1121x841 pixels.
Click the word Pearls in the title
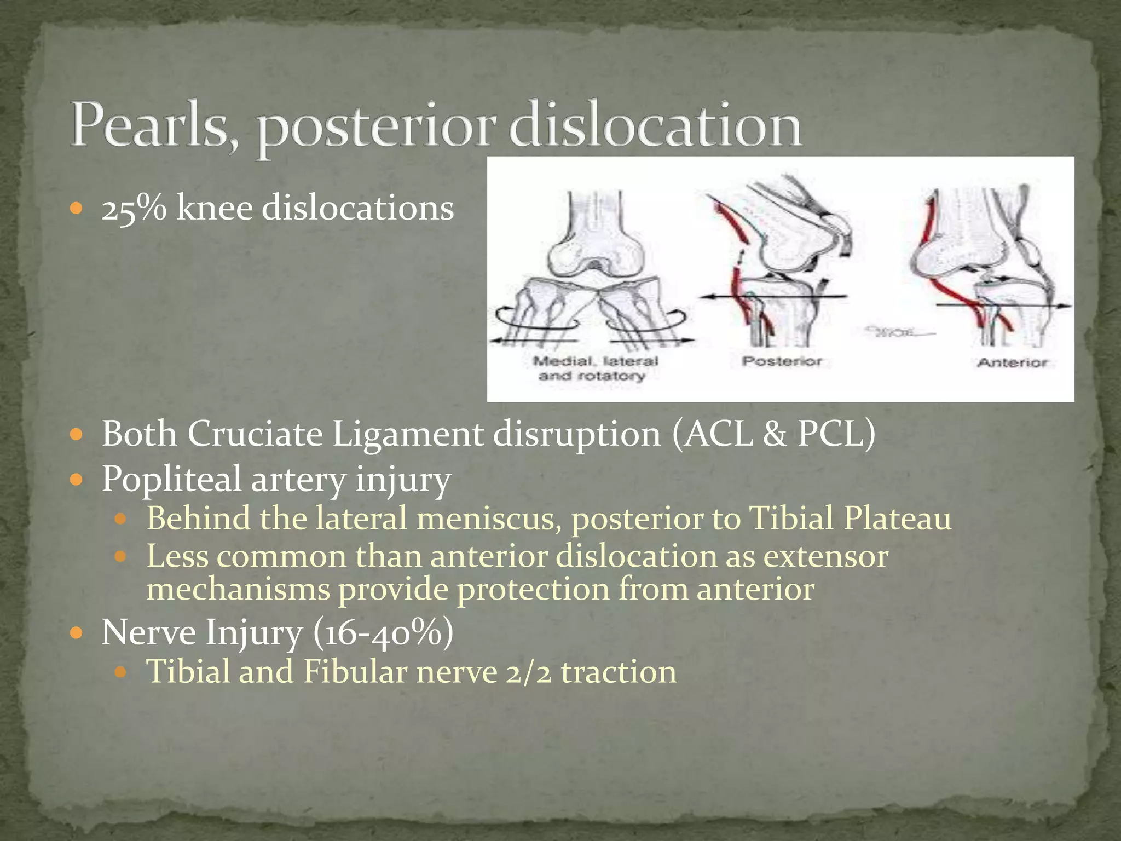[x=149, y=125]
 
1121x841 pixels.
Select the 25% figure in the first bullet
[x=134, y=209]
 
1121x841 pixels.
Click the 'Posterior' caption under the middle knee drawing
[x=782, y=361]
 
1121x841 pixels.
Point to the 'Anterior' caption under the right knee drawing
[x=1012, y=362]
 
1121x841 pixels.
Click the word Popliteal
[x=171, y=479]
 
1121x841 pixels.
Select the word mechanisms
[x=238, y=590]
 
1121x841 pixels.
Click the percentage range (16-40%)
[x=383, y=633]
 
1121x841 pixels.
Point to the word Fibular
[x=355, y=672]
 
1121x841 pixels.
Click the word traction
[x=619, y=672]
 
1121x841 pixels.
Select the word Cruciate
[x=255, y=434]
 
